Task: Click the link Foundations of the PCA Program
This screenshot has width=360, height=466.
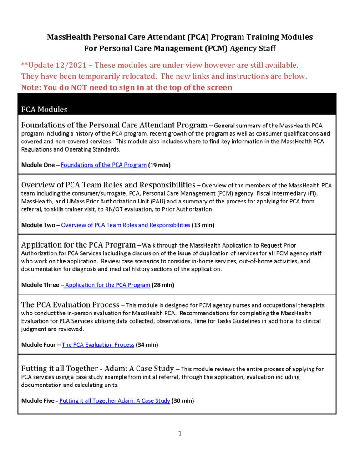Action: click(x=103, y=165)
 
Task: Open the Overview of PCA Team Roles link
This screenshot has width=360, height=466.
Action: click(x=126, y=225)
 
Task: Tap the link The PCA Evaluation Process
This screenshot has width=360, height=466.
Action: click(x=98, y=345)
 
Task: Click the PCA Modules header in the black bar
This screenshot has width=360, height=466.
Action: click(x=44, y=110)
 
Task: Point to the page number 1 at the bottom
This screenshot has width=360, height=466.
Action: click(x=180, y=433)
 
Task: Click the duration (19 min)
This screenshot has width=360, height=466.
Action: click(x=159, y=165)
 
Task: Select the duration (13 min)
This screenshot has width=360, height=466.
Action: click(x=203, y=225)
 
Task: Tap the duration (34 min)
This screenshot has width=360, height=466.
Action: click(x=147, y=345)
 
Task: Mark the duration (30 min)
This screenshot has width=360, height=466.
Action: click(x=183, y=401)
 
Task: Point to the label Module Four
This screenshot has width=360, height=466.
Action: click(x=38, y=345)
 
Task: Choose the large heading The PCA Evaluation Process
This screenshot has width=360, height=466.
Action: click(x=70, y=304)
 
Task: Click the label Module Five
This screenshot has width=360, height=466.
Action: click(x=38, y=401)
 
